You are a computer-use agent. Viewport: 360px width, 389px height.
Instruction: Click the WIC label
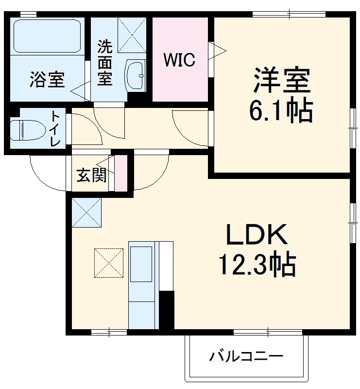tap(179, 60)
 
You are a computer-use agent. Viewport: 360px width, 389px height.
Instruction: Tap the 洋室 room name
tap(281, 80)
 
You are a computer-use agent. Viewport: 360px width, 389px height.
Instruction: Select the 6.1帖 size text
tap(281, 112)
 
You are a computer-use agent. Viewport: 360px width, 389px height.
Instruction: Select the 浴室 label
tap(47, 80)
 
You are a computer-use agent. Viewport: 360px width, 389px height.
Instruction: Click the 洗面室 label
tap(105, 63)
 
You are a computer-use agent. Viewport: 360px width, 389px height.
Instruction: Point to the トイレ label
tap(55, 129)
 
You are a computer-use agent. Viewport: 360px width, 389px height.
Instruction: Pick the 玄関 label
tap(91, 176)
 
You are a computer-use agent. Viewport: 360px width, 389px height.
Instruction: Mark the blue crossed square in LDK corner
tap(87, 212)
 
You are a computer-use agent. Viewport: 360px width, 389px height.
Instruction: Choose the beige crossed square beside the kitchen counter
tap(109, 263)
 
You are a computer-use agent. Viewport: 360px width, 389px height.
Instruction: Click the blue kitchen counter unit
tap(143, 285)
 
